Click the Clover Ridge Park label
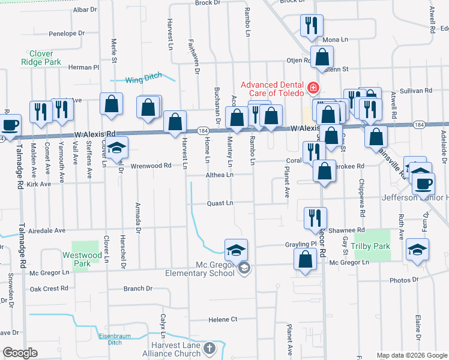(x=41, y=57)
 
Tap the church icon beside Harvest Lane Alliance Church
(x=209, y=348)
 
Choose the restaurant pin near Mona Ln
(x=312, y=25)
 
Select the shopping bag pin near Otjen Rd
(x=322, y=58)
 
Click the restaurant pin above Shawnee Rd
(x=315, y=218)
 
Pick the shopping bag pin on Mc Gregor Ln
(x=306, y=259)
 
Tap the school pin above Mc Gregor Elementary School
(x=237, y=250)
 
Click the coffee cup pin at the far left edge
(x=10, y=125)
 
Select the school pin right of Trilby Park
(x=418, y=250)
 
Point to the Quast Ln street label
(x=220, y=203)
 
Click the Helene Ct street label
(x=223, y=319)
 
